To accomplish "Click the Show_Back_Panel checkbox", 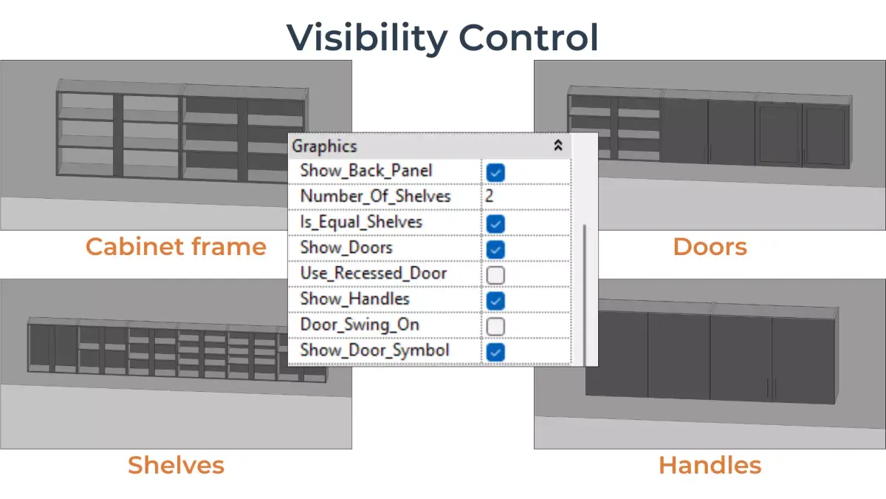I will click(x=496, y=173).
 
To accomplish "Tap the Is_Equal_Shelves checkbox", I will click(x=496, y=223).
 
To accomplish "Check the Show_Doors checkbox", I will click(x=496, y=248).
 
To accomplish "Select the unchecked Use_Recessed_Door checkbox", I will click(x=496, y=275).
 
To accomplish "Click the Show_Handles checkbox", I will click(x=496, y=300).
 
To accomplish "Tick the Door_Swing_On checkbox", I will click(x=496, y=326).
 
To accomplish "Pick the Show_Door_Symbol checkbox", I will click(x=496, y=351).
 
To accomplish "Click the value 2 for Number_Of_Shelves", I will click(x=490, y=197).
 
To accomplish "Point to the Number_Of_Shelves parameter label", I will click(x=375, y=197).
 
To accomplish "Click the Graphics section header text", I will click(x=324, y=146).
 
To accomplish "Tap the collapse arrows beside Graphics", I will click(x=558, y=146).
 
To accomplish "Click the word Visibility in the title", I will click(x=366, y=37).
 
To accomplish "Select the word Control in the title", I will click(x=529, y=37).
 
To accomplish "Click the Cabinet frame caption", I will click(x=176, y=246).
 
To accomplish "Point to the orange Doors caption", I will click(x=710, y=246).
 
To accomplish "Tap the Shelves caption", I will click(x=176, y=465).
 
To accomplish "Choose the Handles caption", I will click(x=710, y=465).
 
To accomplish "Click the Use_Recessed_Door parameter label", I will click(x=373, y=274).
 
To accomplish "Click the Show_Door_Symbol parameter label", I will click(x=374, y=350).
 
